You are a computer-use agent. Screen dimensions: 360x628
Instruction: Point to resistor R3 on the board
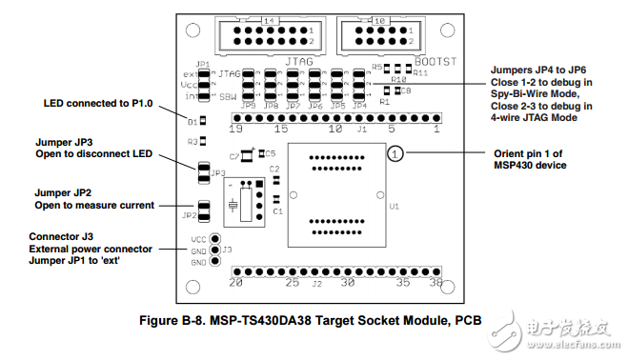tap(203, 141)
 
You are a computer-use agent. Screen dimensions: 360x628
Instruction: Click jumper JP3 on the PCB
tap(203, 172)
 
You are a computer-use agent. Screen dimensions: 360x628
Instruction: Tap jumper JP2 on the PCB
tap(203, 211)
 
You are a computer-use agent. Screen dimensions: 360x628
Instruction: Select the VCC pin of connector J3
tap(216, 239)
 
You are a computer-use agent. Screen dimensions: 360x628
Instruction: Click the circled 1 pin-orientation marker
tap(396, 152)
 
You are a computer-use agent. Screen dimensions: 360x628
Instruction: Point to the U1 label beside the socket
tap(394, 205)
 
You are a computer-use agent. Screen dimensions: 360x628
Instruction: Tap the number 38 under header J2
tap(436, 283)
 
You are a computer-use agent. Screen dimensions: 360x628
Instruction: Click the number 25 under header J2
tap(294, 283)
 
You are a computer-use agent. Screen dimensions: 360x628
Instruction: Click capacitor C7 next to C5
tap(247, 154)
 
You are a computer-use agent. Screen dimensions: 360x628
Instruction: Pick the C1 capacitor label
tap(277, 210)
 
